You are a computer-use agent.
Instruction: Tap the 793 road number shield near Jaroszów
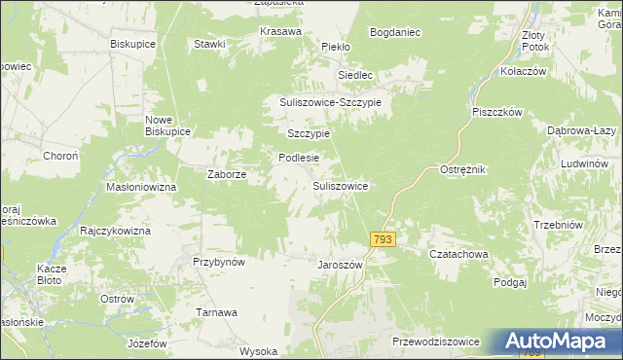tap(383, 239)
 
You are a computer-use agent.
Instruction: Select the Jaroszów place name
tap(340, 265)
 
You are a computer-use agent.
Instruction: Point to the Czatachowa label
tap(458, 254)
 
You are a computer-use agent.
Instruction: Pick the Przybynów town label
tap(218, 262)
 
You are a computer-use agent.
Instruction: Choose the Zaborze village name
tap(227, 175)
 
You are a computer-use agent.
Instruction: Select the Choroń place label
tap(60, 156)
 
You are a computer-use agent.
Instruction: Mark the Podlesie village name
tap(299, 157)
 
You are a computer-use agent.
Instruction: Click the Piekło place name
tap(336, 46)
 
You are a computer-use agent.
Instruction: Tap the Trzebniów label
tap(558, 225)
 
